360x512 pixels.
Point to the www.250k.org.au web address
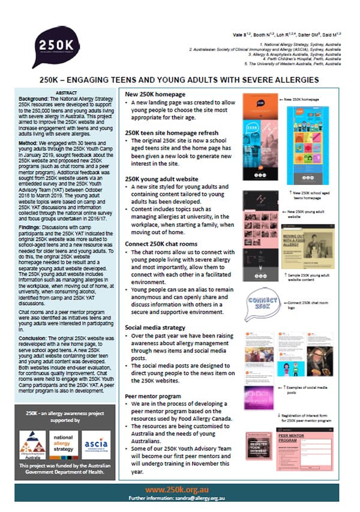179,490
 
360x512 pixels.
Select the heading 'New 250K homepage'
155,95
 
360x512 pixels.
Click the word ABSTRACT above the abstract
66,93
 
